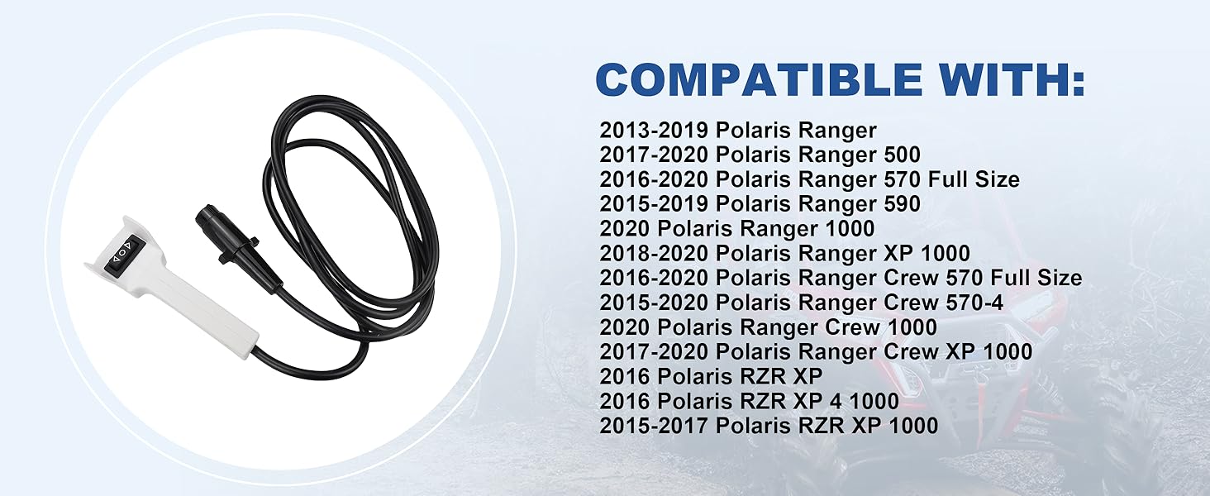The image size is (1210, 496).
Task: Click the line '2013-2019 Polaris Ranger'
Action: pos(738,131)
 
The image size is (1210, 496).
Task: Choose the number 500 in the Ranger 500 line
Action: pos(902,155)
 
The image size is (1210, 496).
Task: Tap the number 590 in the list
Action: pos(902,204)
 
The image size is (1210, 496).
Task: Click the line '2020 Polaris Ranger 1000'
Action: pos(736,228)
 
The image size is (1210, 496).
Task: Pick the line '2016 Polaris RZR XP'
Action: pos(711,376)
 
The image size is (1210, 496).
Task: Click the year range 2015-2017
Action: pos(654,426)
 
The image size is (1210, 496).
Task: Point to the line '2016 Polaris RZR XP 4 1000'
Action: pos(750,401)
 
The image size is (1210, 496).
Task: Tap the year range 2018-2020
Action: pos(654,254)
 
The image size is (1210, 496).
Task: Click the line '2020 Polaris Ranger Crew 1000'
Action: pos(768,327)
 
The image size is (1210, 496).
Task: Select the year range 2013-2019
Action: pos(654,131)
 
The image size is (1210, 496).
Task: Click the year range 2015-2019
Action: pos(654,204)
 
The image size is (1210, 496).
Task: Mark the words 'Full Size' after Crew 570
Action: pos(1036,278)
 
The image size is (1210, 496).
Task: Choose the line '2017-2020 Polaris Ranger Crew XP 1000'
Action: pos(816,351)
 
